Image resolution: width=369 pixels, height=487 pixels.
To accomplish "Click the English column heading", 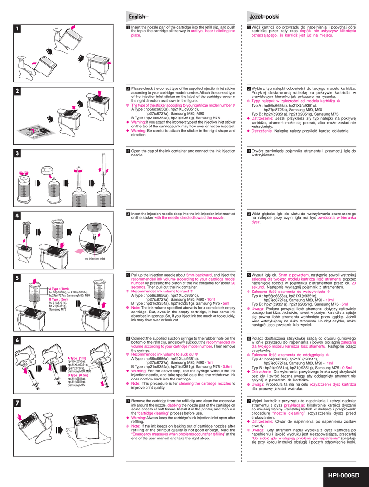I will [136, 17].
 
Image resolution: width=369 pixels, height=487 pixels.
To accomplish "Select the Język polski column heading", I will [264, 17].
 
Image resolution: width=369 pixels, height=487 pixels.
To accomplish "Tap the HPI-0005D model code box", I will [343, 475].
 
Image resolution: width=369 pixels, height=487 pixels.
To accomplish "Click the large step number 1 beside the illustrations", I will [17, 29].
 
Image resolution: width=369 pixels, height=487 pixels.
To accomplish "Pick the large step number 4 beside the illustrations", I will [17, 215].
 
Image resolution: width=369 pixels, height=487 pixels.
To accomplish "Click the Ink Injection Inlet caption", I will [95, 259].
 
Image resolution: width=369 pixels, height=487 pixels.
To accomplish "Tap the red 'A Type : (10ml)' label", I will [59, 289].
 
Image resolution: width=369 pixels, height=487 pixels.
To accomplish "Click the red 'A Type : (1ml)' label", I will [77, 358].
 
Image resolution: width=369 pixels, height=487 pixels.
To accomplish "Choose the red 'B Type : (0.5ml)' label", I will [78, 375].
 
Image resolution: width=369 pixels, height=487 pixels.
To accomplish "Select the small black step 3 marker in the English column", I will [128, 151].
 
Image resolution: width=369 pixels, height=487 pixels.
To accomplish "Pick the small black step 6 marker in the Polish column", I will [249, 338].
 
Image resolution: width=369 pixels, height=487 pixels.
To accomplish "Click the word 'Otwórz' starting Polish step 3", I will [258, 151].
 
